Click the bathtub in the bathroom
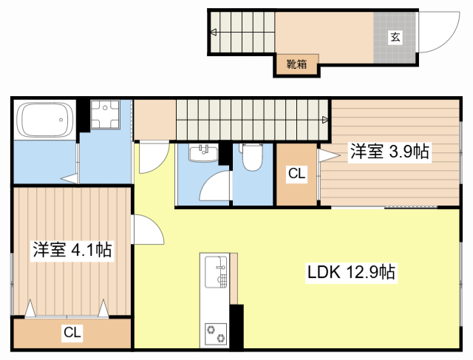click(x=45, y=120)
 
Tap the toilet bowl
click(x=252, y=157)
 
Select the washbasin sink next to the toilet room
click(x=204, y=153)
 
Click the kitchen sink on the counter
click(x=216, y=271)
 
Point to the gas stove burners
click(x=216, y=334)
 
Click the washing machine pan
click(x=105, y=115)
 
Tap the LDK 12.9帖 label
click(x=351, y=272)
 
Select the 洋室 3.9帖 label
click(x=389, y=152)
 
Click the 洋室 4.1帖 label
click(x=72, y=250)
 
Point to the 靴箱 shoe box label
click(x=296, y=64)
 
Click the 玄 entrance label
click(x=395, y=37)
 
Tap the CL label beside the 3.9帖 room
click(x=297, y=174)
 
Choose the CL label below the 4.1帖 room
click(x=72, y=332)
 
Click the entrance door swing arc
click(x=449, y=41)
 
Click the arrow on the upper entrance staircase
click(x=214, y=32)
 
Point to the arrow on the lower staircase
click(x=325, y=120)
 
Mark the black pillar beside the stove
click(x=236, y=327)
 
